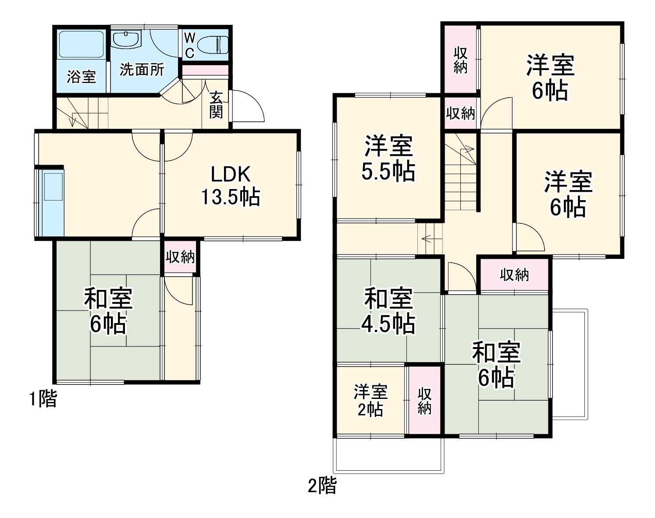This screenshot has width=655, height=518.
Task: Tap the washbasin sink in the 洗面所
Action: (126, 39)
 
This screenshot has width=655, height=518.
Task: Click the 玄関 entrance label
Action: (216, 105)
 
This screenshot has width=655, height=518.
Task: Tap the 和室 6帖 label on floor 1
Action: (108, 311)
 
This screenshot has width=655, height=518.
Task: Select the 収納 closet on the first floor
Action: (180, 257)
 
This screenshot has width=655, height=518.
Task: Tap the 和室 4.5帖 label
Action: (388, 311)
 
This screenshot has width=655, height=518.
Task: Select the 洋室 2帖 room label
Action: (370, 400)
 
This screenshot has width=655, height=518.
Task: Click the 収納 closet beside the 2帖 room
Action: (424, 400)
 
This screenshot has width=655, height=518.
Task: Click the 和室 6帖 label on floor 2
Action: (496, 364)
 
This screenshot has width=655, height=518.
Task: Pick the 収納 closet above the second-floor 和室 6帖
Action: (514, 275)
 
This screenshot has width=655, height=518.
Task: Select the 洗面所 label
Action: (142, 70)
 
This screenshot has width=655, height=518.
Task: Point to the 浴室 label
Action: (81, 77)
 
